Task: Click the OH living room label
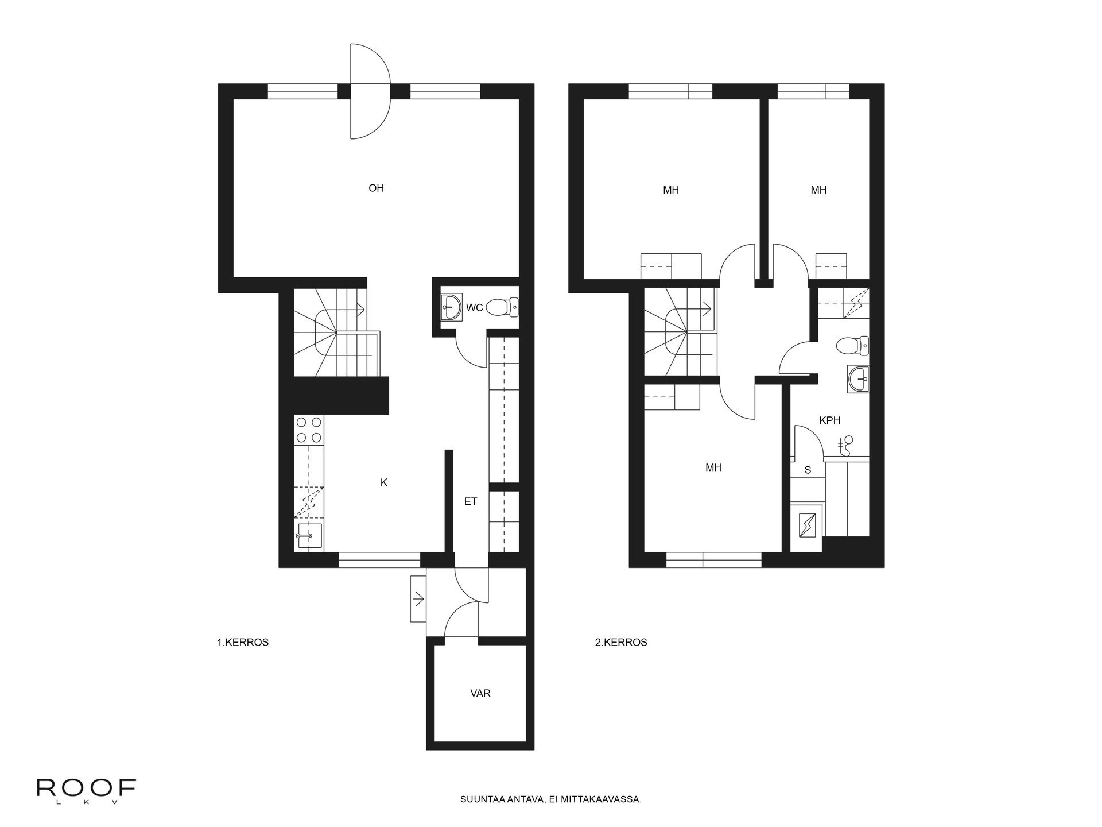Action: coord(376,188)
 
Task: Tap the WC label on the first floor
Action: coord(474,308)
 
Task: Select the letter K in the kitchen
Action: coord(384,483)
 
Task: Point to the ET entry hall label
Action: coord(471,502)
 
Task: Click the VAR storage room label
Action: coord(480,694)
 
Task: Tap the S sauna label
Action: coord(808,470)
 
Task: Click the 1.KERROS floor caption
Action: coord(243,643)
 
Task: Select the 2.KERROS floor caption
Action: coord(621,643)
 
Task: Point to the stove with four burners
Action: coord(309,430)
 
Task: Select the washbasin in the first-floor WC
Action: coord(452,307)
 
